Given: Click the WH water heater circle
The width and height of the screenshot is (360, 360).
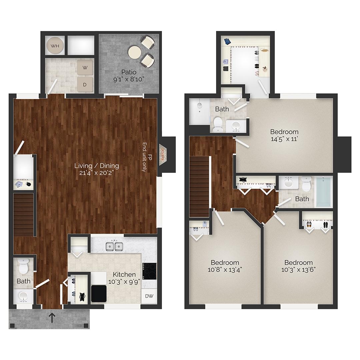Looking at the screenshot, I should click(55, 46).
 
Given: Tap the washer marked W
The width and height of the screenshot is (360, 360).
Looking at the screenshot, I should click(85, 68).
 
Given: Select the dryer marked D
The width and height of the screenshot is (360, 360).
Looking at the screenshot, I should click(85, 85).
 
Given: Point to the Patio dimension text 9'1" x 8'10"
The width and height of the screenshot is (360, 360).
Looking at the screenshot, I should click(129, 79).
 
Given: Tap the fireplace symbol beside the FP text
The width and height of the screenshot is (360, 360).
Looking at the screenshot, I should click(163, 155).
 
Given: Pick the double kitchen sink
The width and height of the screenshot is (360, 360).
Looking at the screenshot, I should click(114, 247).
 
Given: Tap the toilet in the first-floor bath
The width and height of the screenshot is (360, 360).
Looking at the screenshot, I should click(23, 267).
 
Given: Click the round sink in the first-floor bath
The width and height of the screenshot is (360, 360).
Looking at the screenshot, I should click(23, 296).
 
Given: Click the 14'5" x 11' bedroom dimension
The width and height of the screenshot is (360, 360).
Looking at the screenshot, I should click(284, 139).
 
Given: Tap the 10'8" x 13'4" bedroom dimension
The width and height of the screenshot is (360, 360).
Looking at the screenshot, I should click(225, 270).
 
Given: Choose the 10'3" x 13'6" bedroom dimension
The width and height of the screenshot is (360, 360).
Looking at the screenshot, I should click(298, 270).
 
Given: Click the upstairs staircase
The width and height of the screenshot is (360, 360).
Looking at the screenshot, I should click(199, 187).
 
